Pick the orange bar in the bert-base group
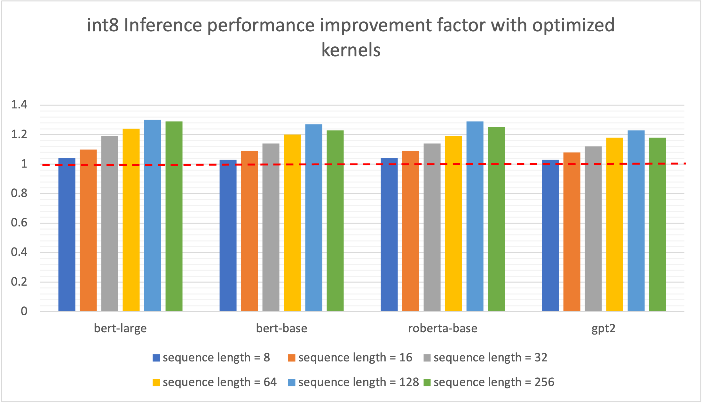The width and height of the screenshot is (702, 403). [249, 231]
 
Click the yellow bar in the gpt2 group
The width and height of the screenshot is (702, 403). [615, 224]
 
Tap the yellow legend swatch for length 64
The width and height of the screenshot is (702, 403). [156, 382]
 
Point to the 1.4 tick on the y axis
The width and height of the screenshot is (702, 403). [19, 105]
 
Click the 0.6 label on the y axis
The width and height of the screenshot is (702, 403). [19, 223]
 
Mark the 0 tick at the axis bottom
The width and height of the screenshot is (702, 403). [24, 311]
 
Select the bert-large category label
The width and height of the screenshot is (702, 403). [120, 328]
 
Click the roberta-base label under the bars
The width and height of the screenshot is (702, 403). [443, 328]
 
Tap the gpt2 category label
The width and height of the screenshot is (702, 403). [603, 328]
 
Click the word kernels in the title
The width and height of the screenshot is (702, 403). [351, 50]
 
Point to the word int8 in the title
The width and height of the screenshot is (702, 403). [103, 25]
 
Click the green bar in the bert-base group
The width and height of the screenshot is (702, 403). [335, 221]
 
